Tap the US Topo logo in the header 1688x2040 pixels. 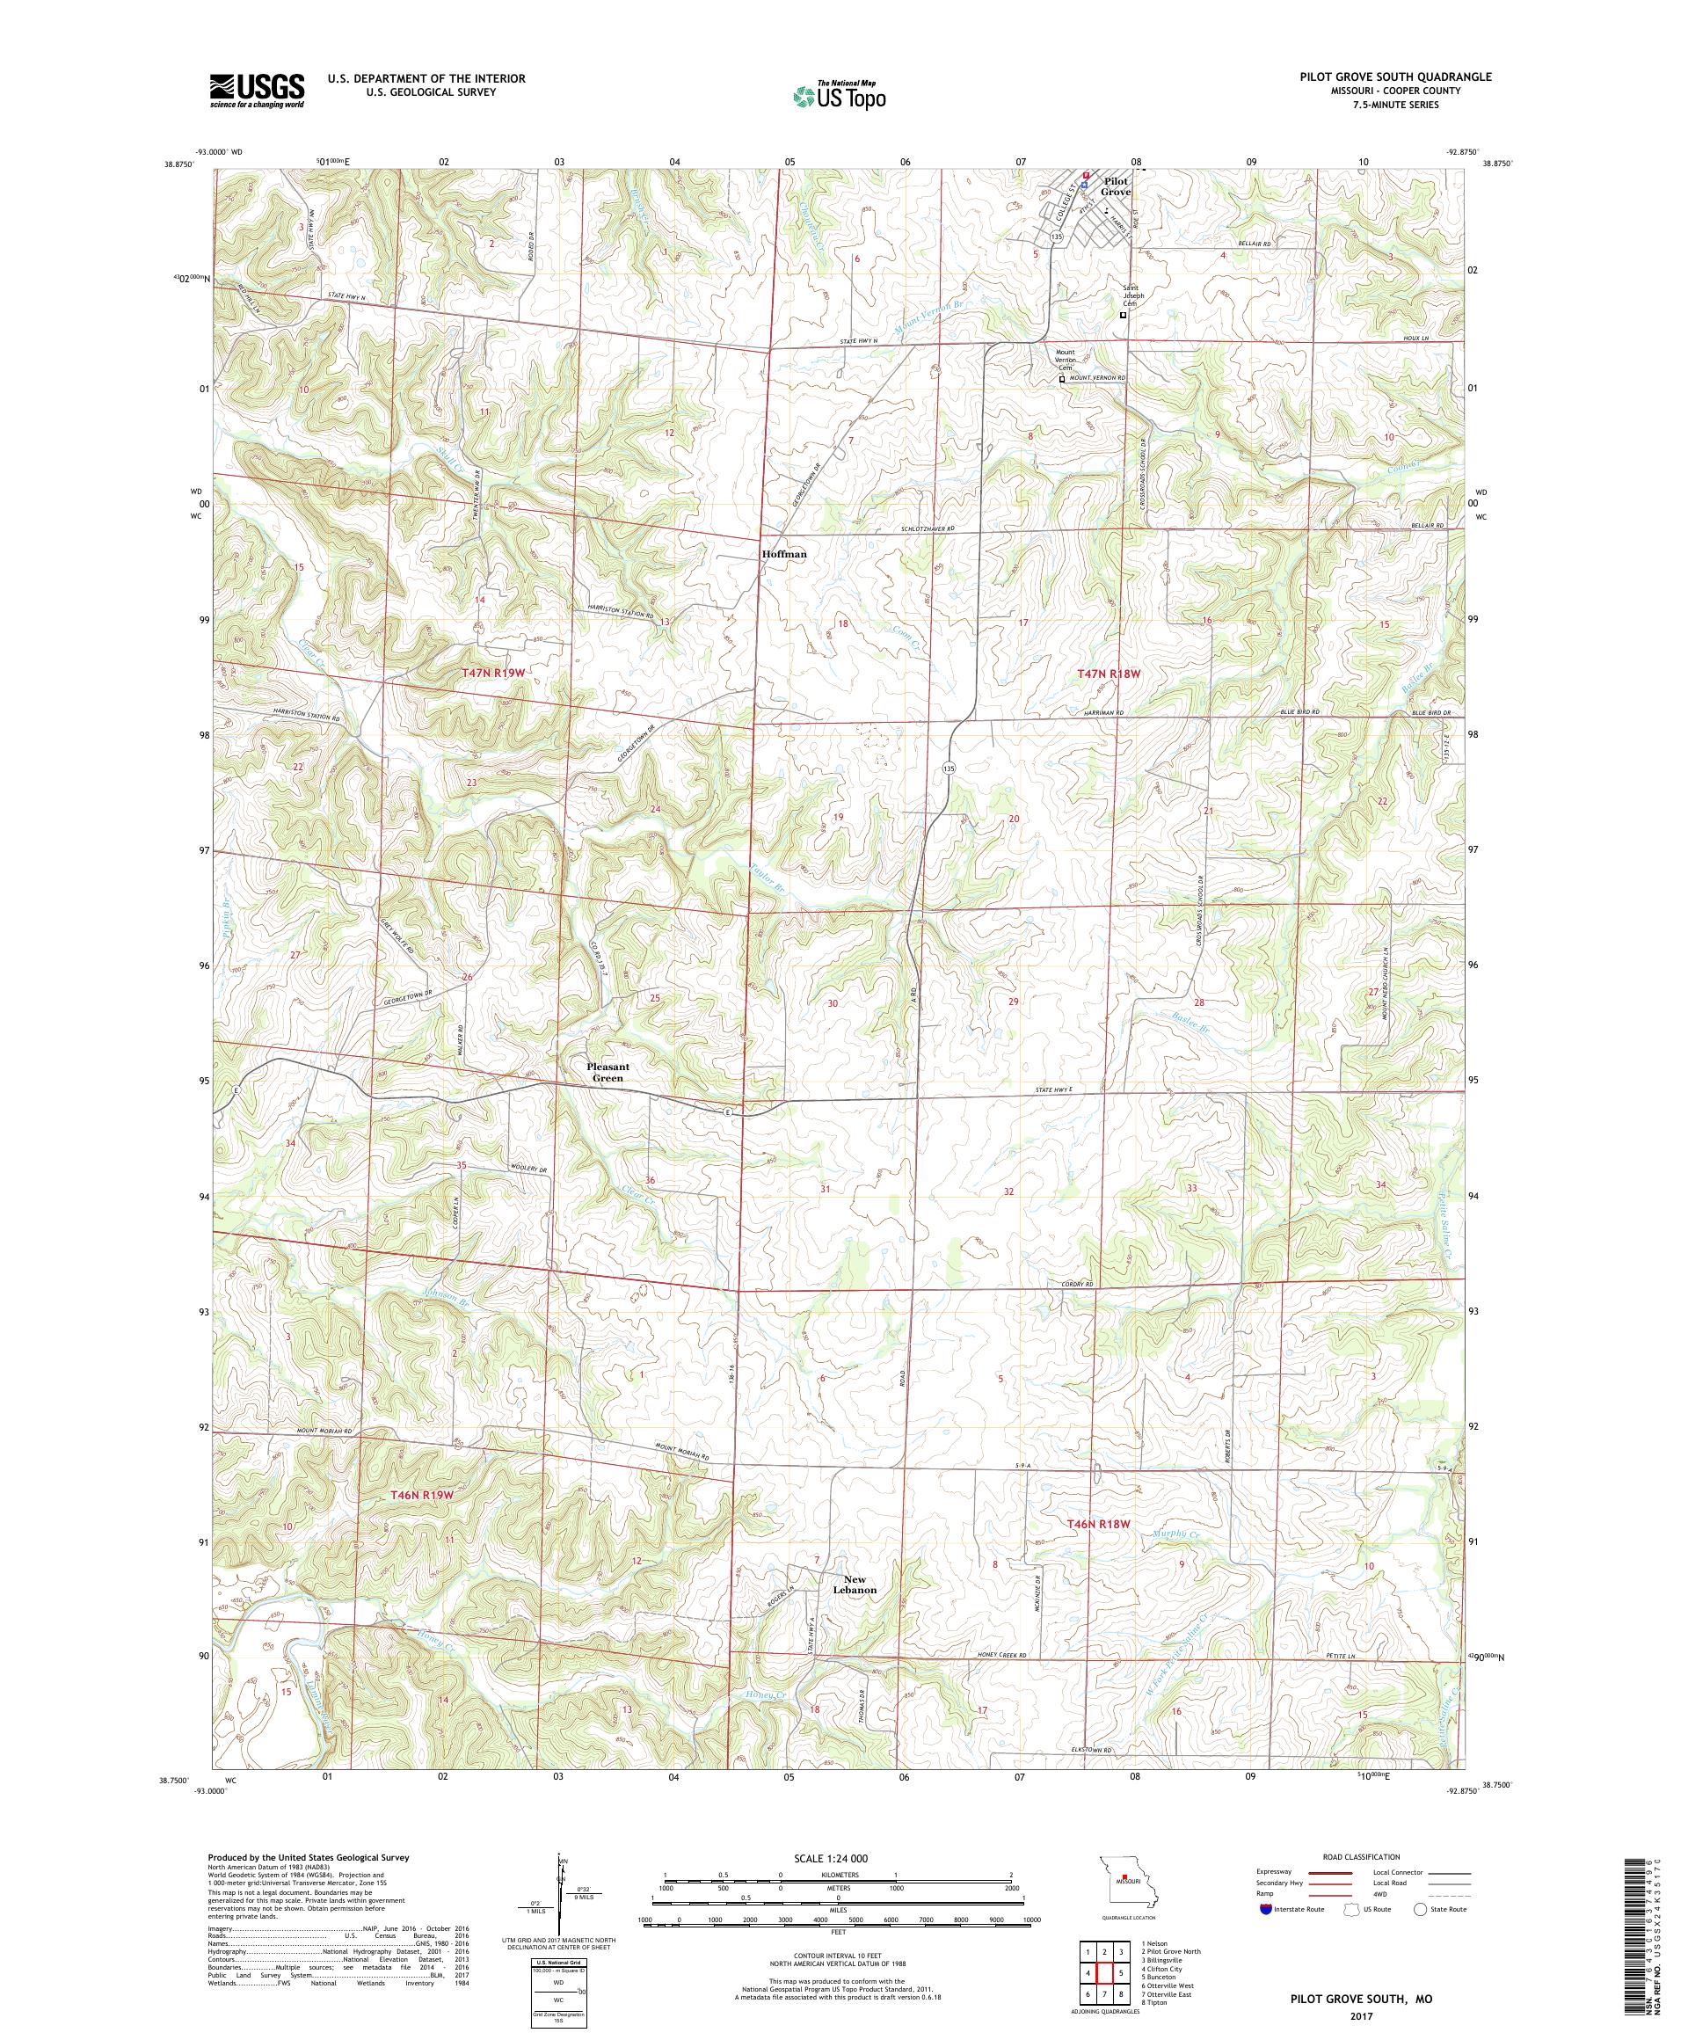click(x=840, y=95)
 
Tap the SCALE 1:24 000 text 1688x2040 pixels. click(x=836, y=1857)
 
